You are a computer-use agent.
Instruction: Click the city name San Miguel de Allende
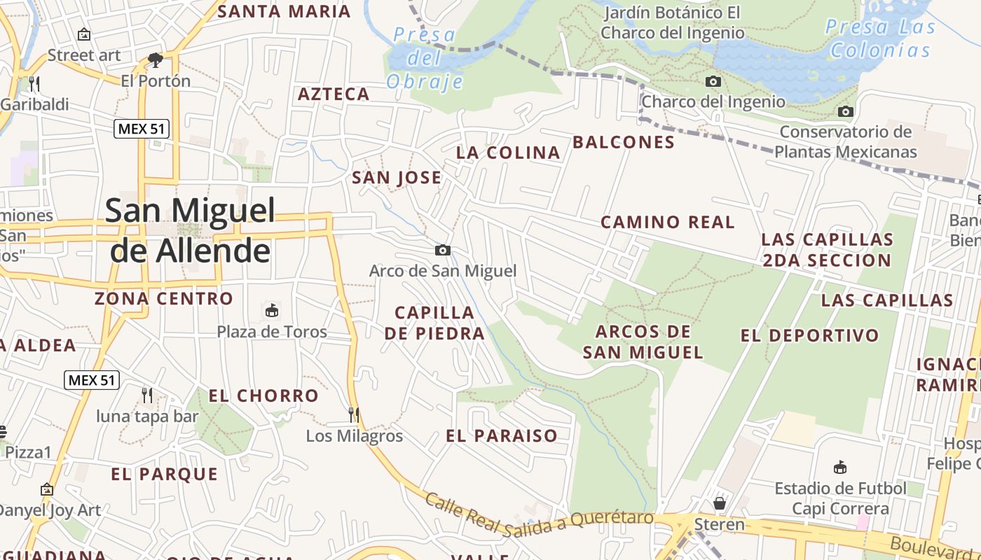click(x=190, y=230)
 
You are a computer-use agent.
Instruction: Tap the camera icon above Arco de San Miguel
click(x=442, y=250)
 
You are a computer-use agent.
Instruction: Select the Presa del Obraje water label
click(x=425, y=58)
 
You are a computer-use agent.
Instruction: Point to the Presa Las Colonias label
click(x=880, y=38)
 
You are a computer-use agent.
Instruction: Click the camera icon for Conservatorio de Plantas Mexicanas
click(x=846, y=111)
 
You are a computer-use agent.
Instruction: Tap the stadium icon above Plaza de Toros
click(x=271, y=310)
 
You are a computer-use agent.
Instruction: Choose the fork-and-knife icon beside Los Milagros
click(x=354, y=414)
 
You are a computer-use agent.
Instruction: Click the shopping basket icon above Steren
click(x=720, y=503)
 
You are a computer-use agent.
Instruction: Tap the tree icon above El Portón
click(x=156, y=59)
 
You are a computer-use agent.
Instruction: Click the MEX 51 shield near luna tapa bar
click(x=92, y=380)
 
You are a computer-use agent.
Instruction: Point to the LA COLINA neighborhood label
click(x=508, y=153)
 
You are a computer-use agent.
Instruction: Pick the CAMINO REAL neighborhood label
click(x=668, y=223)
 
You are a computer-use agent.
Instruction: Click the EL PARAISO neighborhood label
click(x=502, y=436)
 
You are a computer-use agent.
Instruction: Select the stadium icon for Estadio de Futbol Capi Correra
click(x=840, y=467)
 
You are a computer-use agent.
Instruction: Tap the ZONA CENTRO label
click(x=164, y=299)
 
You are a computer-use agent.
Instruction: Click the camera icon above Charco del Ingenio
click(x=713, y=81)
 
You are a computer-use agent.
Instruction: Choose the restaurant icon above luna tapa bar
click(x=147, y=395)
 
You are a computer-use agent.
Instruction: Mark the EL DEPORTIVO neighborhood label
click(x=809, y=336)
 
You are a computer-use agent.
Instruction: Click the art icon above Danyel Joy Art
click(x=47, y=489)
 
